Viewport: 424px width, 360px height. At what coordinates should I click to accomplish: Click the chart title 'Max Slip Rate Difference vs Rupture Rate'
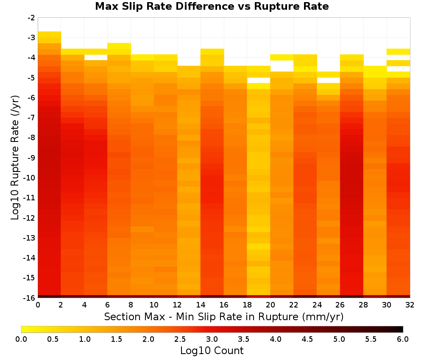(x=212, y=6)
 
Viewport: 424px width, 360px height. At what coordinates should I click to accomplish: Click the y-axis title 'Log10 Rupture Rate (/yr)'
(x=15, y=158)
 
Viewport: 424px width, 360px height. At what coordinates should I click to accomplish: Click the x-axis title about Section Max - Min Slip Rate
(x=223, y=316)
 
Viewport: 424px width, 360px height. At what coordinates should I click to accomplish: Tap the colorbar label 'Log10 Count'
(x=212, y=350)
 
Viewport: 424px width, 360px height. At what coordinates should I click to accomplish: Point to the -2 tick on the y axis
(x=31, y=18)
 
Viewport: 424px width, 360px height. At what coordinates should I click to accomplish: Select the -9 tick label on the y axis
(x=31, y=158)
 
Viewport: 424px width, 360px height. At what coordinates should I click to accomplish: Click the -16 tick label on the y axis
(x=30, y=298)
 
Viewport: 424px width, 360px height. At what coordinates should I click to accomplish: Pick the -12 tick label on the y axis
(x=30, y=218)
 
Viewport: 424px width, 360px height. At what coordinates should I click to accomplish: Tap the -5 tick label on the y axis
(x=31, y=78)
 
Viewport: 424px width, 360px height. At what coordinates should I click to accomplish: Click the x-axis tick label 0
(x=38, y=305)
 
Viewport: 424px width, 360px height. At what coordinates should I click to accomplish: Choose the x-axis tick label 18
(x=247, y=305)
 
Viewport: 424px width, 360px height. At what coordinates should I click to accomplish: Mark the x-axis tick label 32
(x=410, y=305)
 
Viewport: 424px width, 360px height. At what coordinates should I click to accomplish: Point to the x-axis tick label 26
(x=340, y=305)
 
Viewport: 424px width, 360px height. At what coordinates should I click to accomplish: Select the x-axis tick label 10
(x=154, y=305)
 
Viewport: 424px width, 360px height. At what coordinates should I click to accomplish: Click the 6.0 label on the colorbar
(x=403, y=339)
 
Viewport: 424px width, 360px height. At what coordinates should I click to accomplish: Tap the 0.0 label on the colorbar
(x=21, y=339)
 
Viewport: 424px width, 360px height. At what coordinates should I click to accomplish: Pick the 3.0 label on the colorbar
(x=212, y=339)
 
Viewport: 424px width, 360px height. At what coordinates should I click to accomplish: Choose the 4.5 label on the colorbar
(x=307, y=339)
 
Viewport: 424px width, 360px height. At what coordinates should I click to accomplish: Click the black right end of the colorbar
(x=402, y=329)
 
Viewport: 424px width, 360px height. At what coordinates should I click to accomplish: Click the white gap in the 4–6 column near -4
(x=96, y=57)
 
